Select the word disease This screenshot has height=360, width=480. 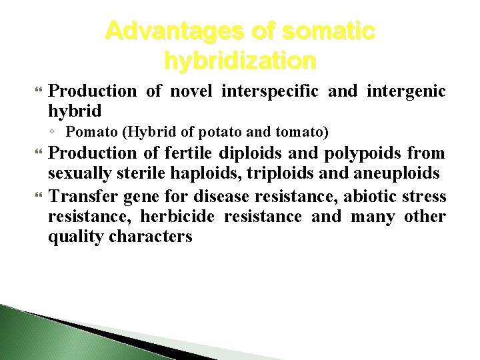215,197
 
